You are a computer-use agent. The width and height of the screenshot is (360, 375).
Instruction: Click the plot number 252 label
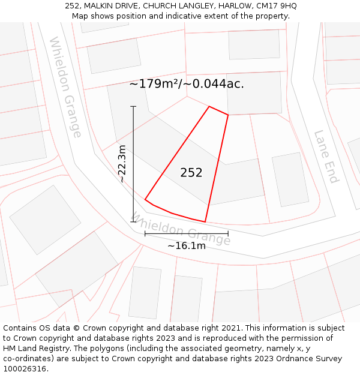click(x=191, y=173)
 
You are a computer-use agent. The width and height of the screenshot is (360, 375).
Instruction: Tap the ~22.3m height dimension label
click(x=122, y=163)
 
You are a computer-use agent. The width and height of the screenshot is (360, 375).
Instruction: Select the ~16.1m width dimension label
click(x=187, y=245)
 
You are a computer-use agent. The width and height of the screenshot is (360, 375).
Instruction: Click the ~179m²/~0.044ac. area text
click(x=187, y=84)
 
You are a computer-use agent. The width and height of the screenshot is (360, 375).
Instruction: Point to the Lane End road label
click(x=326, y=157)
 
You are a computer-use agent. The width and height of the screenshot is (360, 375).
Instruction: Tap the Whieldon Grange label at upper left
click(x=65, y=87)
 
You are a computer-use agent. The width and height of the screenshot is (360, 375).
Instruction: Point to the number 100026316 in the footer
click(x=24, y=369)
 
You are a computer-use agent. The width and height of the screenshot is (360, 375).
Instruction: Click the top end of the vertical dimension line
click(x=133, y=107)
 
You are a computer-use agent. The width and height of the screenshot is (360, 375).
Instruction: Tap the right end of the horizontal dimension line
click(x=228, y=233)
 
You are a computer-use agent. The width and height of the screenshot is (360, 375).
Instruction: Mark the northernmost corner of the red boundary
click(x=209, y=107)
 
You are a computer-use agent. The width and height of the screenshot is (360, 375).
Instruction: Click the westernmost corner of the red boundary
click(x=145, y=199)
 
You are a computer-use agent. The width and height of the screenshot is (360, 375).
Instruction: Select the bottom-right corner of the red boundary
click(x=205, y=222)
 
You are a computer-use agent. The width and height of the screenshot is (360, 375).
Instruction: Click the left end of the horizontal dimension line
click(x=145, y=233)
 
